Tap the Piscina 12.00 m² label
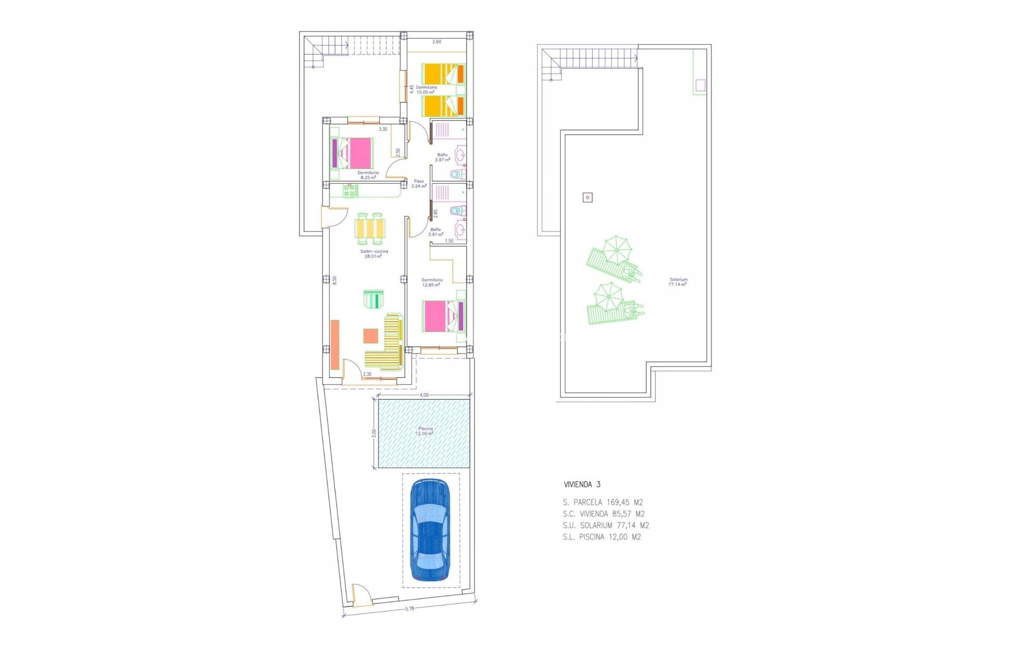click(425, 431)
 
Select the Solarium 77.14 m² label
click(678, 282)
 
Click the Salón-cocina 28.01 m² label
click(374, 254)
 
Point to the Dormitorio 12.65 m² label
click(432, 282)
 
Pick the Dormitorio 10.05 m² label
click(426, 90)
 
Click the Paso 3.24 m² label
click(418, 184)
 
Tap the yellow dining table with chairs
click(370, 229)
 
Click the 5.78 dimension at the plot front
click(409, 609)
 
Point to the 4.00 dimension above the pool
click(424, 395)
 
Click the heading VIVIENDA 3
click(582, 485)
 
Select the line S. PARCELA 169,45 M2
click(602, 502)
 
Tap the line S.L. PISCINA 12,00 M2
click(601, 537)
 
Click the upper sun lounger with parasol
click(613, 260)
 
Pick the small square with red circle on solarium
click(588, 197)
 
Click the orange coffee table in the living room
click(370, 335)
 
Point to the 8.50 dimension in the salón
click(334, 280)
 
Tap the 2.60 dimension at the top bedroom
click(436, 41)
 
